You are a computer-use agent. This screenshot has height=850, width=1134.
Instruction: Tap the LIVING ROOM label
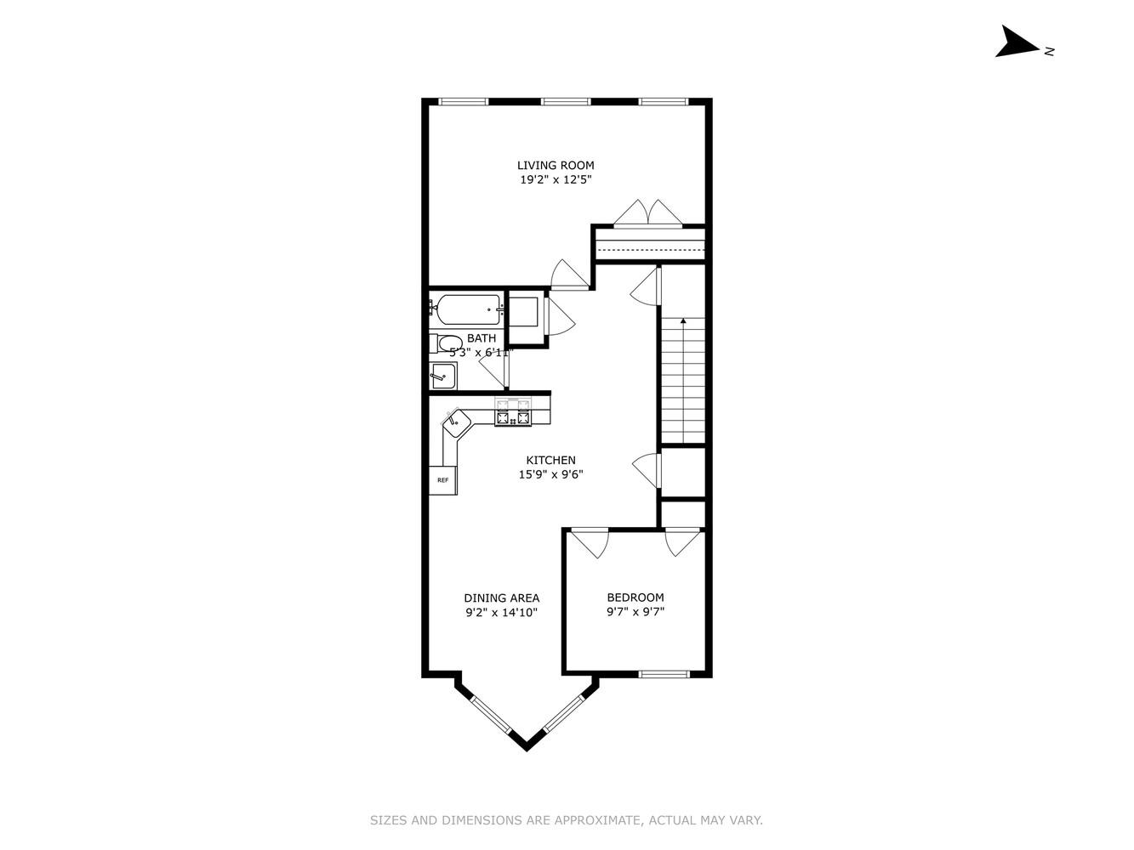coord(556,165)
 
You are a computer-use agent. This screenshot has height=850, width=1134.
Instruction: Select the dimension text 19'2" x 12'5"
coord(556,180)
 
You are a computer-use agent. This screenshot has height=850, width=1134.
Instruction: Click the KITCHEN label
coord(550,460)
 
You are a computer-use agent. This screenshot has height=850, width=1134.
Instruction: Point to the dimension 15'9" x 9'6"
coord(550,475)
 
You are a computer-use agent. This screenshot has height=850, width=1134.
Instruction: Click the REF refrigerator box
coord(442,480)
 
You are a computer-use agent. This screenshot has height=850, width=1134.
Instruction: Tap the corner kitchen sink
coord(457,420)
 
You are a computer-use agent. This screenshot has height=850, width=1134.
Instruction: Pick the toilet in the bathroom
coord(447,344)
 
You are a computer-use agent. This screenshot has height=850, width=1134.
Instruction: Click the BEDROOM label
coord(635,598)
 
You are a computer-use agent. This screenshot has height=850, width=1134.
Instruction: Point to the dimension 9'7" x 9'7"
coord(635,612)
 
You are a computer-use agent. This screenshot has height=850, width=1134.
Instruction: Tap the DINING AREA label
coord(501,598)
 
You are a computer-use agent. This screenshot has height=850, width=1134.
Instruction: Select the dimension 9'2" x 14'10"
coord(501,612)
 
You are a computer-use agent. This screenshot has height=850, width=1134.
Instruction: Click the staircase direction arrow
coord(682,323)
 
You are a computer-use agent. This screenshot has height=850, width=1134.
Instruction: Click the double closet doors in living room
coord(647,214)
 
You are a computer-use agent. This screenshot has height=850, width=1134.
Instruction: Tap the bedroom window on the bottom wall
coord(664,674)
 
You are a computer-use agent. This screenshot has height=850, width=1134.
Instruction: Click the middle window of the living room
coord(566,102)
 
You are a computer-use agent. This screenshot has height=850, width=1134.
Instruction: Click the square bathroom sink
coord(442,375)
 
